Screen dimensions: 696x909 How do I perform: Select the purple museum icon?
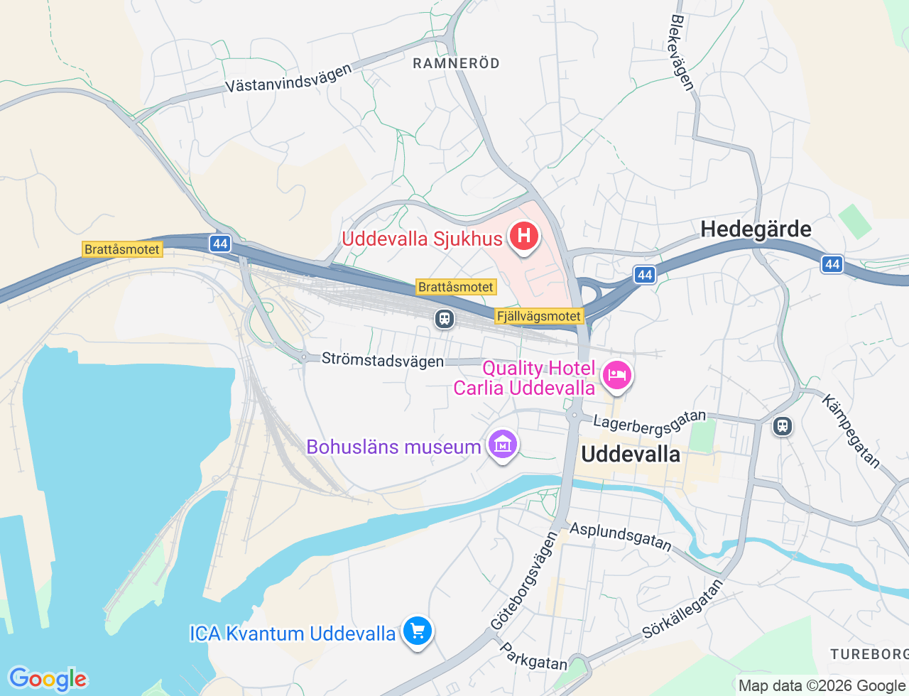(x=503, y=445)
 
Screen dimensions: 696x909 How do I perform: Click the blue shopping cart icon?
(x=417, y=631)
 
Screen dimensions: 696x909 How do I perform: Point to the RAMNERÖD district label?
(x=456, y=63)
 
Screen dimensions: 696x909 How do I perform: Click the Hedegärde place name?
(x=756, y=229)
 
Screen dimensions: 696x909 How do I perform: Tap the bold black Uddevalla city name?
(x=631, y=454)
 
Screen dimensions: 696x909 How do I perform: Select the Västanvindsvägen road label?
(x=288, y=79)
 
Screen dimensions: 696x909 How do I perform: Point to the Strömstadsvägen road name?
(x=383, y=360)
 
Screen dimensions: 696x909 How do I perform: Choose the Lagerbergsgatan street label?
(x=650, y=421)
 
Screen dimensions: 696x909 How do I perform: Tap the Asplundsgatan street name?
(x=621, y=537)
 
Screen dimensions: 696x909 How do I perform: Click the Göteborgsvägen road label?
(x=524, y=581)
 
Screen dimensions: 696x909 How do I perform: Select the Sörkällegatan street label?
(x=682, y=609)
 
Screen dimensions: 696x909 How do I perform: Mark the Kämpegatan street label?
(x=851, y=431)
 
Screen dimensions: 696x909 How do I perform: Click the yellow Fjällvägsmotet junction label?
(x=539, y=316)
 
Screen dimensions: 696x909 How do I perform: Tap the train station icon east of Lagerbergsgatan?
(x=783, y=426)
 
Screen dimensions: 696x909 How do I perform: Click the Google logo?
(x=48, y=679)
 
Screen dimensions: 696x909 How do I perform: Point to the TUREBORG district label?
(x=869, y=654)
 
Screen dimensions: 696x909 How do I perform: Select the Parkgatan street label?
(x=533, y=658)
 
